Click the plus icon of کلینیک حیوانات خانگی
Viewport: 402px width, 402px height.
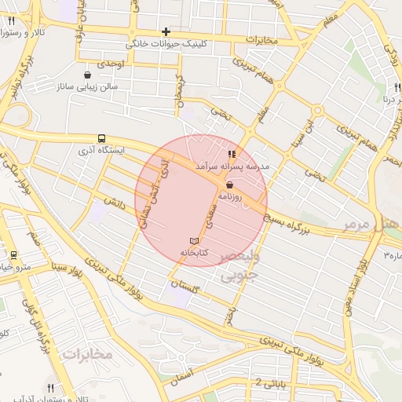[166, 32]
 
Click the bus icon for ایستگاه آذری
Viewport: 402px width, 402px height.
[102, 137]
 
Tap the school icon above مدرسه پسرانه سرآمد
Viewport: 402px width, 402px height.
[231, 155]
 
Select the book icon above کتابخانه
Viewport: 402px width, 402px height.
[195, 240]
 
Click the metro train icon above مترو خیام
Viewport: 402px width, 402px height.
[13, 255]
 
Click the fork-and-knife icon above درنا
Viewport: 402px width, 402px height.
[398, 88]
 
